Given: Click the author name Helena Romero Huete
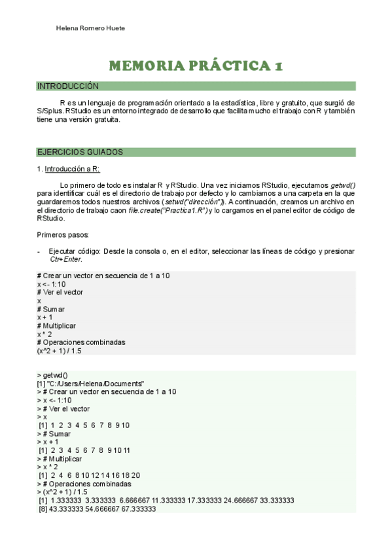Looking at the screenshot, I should coord(90,29).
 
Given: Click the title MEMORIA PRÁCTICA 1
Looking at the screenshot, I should coord(196,66).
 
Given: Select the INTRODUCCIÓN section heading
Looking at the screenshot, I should coord(68,86).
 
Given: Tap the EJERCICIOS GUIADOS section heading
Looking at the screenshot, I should coord(80,152).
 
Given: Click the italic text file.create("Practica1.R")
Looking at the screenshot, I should coord(169,210).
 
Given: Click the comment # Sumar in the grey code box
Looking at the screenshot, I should coord(51,309).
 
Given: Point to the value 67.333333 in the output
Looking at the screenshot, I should coord(139,509).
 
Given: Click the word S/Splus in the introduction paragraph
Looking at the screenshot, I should coord(50,111).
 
